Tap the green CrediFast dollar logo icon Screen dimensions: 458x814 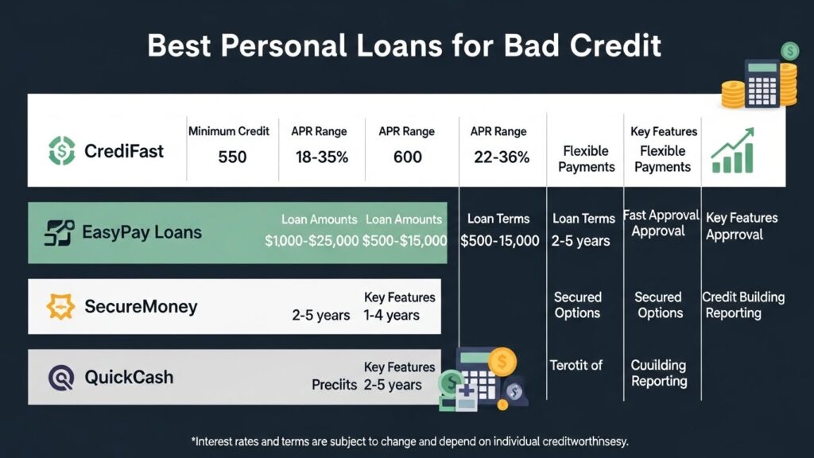pos(61,150)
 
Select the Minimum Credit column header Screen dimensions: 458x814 pos(229,131)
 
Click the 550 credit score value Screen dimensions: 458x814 pos(232,157)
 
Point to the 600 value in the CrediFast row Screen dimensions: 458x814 pos(408,157)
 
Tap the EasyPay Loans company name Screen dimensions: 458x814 pos(141,233)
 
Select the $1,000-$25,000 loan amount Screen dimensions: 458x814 pos(312,241)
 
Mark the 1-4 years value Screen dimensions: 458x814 pos(391,315)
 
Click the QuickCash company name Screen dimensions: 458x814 pos(129,377)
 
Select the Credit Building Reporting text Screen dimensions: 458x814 pos(742,305)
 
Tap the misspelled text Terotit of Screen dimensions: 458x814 pos(576,365)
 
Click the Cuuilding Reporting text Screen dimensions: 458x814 pos(658,373)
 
